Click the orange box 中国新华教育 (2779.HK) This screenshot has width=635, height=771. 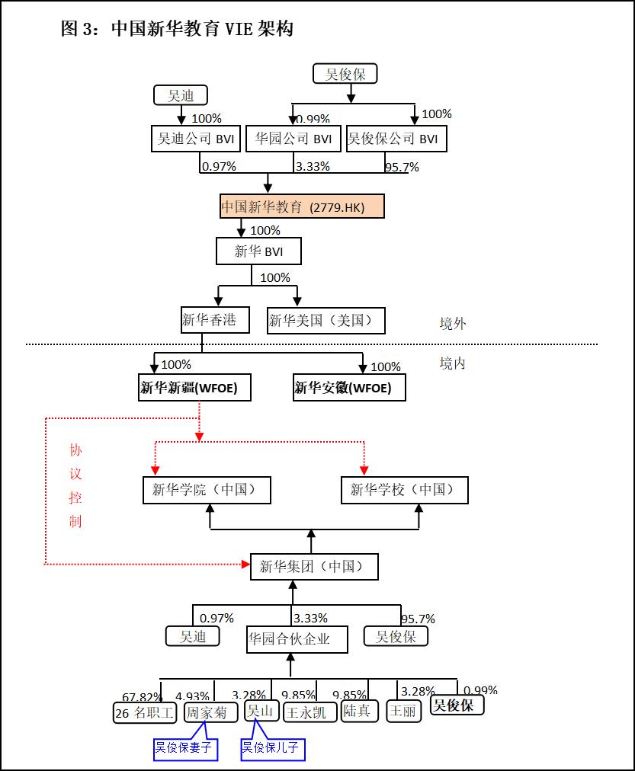(x=303, y=206)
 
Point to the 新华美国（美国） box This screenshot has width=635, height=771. (x=326, y=321)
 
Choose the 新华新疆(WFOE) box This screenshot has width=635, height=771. (x=194, y=388)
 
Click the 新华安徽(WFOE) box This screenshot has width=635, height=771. (x=349, y=388)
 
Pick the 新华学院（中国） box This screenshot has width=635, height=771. (x=207, y=490)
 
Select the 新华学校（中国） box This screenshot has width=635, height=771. (x=404, y=490)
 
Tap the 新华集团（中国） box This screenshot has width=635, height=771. (x=313, y=567)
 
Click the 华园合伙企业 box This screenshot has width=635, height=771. (x=297, y=639)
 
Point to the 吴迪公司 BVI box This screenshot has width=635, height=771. (x=196, y=139)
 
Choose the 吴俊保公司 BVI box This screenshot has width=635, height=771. (x=396, y=139)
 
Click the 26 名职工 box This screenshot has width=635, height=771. (x=145, y=712)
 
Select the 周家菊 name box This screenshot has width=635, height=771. (x=207, y=712)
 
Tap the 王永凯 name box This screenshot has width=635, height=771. (x=309, y=712)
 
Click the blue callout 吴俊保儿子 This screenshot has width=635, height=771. (x=272, y=748)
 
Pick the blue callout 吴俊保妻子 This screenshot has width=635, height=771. (x=184, y=748)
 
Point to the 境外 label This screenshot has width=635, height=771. (x=452, y=324)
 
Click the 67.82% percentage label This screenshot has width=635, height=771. (x=142, y=697)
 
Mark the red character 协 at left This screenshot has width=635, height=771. (x=75, y=450)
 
